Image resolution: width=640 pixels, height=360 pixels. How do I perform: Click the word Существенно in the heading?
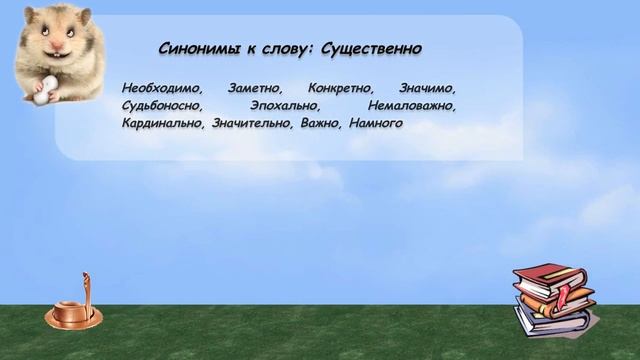point(373,49)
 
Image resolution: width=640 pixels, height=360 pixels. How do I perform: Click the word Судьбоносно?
point(161,105)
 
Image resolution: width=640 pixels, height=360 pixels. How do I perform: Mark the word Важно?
point(319,124)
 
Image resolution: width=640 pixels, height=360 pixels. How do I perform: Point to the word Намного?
point(376,124)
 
